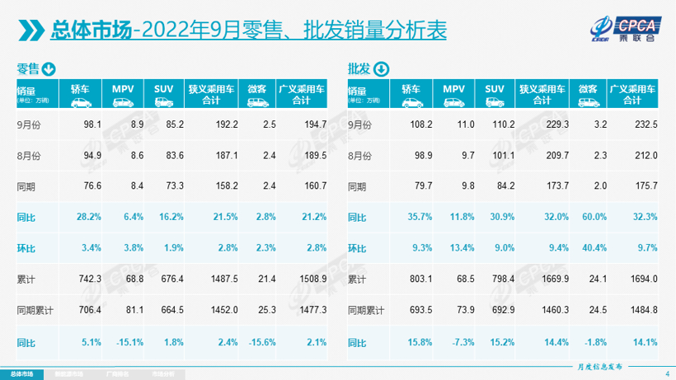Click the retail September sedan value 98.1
92,124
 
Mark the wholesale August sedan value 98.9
423,156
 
